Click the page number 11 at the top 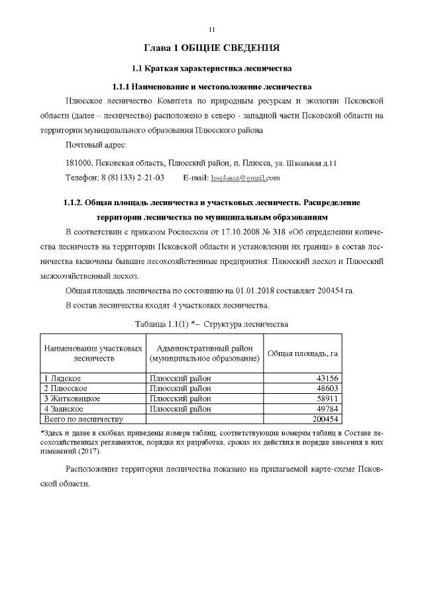[211, 30]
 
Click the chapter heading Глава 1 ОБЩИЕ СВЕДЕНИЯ [211, 48]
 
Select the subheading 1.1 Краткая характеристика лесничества [211, 69]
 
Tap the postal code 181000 [79, 163]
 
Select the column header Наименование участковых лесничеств [93, 353]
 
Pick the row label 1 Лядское [64, 378]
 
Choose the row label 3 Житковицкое [72, 399]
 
